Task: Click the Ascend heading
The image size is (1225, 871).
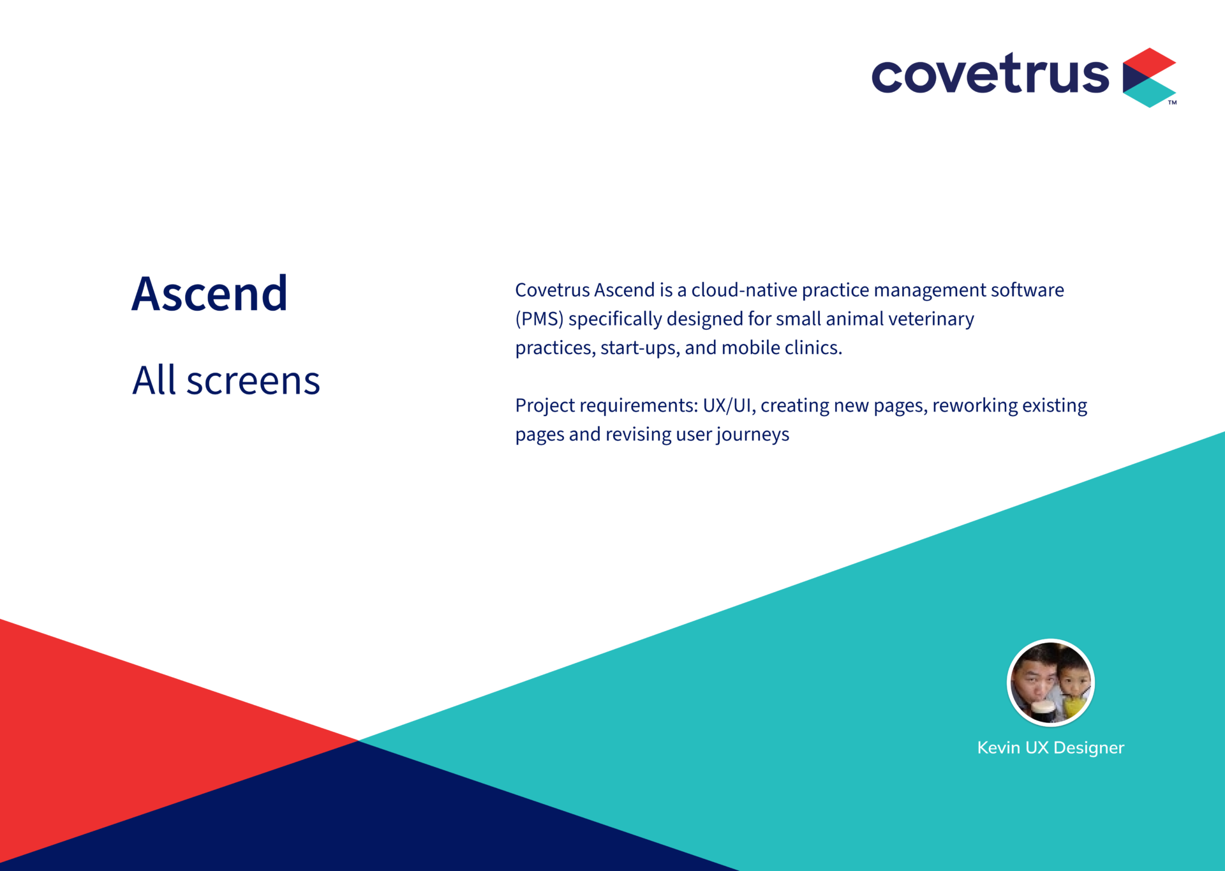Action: pos(209,294)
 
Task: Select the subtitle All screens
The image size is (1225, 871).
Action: pos(226,380)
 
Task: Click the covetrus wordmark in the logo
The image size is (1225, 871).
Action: pos(990,73)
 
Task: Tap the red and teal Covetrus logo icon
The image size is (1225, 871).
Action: pos(1149,77)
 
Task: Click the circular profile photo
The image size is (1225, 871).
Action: pos(1050,683)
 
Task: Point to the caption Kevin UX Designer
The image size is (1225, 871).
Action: pos(1050,748)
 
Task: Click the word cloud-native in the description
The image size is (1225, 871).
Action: pos(744,290)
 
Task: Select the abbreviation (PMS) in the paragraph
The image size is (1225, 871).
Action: pos(539,319)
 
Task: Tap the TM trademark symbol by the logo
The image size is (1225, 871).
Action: pos(1172,102)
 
